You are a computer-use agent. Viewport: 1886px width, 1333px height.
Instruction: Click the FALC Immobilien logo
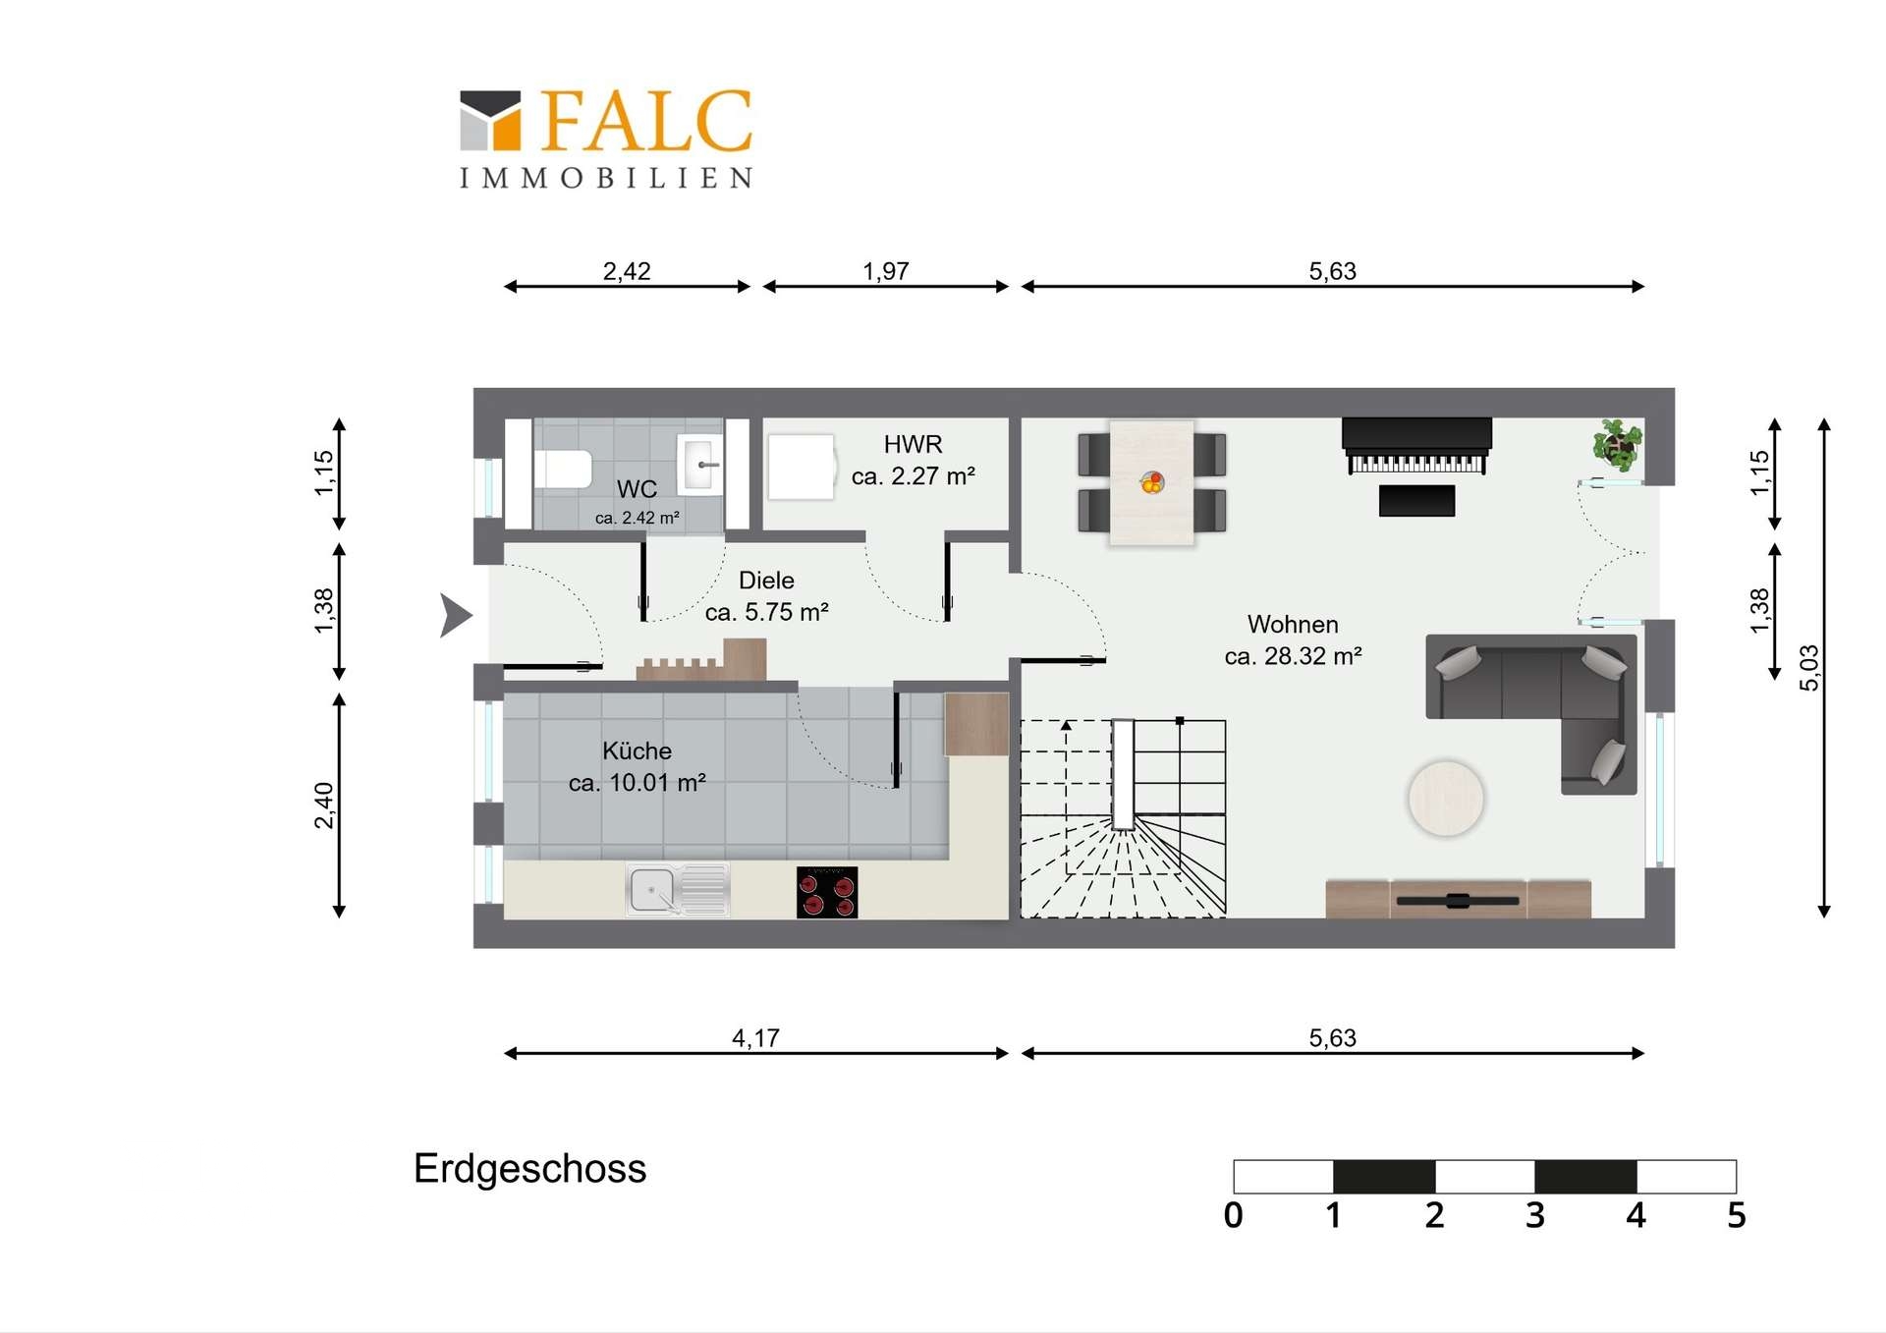coord(606,139)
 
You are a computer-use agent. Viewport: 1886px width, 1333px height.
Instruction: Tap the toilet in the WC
coord(562,469)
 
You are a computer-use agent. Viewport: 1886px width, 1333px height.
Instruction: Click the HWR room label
coord(913,460)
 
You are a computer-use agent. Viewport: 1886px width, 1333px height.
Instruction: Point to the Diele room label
coord(766,596)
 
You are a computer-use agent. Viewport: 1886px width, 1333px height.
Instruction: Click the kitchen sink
coord(678,890)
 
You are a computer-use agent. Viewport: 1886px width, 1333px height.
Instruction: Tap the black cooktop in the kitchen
coord(827,892)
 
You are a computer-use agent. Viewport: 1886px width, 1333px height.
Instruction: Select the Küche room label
coord(637,766)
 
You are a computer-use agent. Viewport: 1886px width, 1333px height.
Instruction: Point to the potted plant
coord(1617,444)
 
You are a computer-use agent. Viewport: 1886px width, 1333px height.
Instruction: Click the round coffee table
coord(1446,799)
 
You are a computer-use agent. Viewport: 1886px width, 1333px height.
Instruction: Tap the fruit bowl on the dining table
coord(1152,482)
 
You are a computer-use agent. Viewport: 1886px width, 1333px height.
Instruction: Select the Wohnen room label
coord(1293,639)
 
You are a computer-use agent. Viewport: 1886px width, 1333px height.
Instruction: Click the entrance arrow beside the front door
coord(456,616)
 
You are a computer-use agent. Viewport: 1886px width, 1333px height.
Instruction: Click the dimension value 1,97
coord(885,270)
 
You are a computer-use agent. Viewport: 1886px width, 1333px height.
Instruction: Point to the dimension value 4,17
coord(755,1037)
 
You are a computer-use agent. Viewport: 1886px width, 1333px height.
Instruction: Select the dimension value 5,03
coord(1808,668)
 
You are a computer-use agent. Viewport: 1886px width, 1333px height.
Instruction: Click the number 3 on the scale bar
coord(1535,1216)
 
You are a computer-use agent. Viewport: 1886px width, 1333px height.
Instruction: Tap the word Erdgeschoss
coord(529,1169)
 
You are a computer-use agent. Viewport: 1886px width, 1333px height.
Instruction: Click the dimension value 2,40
coord(323,805)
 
